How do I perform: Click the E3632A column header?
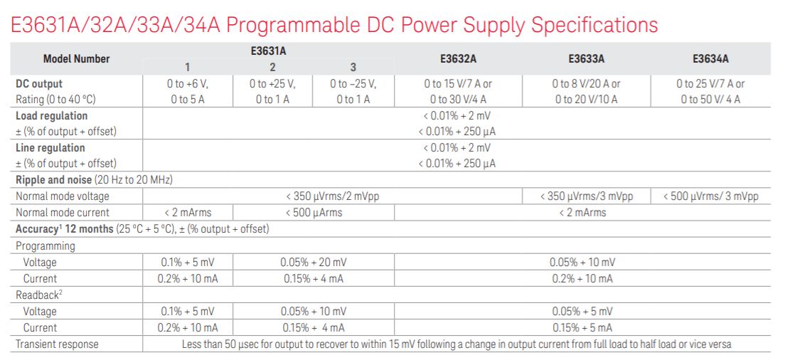(x=457, y=59)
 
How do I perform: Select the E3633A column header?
(x=586, y=59)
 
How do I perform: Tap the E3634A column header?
(x=710, y=59)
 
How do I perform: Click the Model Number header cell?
(x=76, y=59)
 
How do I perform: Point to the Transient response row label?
(x=57, y=344)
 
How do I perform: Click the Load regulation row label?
(x=51, y=115)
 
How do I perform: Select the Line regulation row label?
(x=50, y=148)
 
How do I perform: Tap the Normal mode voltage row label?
(x=63, y=196)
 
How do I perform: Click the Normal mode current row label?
(x=63, y=213)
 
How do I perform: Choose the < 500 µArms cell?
(x=313, y=213)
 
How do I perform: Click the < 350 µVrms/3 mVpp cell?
(x=586, y=196)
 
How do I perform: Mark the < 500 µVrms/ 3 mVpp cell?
(x=710, y=196)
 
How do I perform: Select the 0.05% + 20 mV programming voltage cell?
(x=313, y=262)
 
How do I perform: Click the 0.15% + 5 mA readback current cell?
(x=582, y=328)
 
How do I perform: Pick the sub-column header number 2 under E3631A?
(x=272, y=68)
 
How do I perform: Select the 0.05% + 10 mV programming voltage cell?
(x=582, y=262)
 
